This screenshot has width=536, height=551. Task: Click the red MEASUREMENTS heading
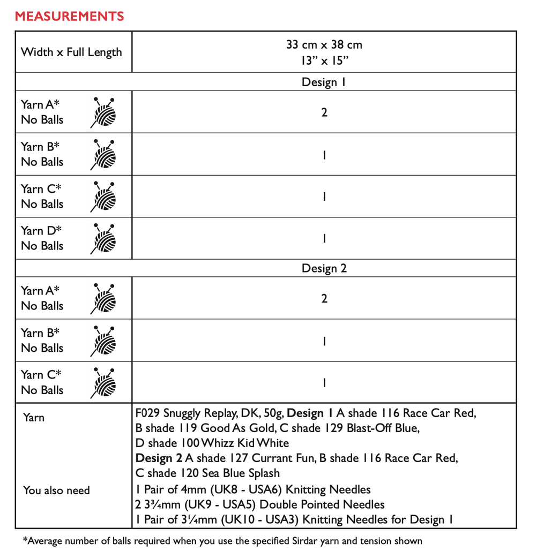pos(69,16)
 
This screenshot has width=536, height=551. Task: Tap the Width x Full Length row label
pos(71,52)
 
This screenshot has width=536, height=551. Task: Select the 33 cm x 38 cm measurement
pos(324,45)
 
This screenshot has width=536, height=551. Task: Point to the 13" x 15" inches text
pos(324,61)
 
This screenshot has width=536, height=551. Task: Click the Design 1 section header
pos(324,82)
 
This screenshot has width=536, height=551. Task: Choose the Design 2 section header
pos(324,268)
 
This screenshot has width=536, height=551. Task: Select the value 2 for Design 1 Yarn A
pos(324,112)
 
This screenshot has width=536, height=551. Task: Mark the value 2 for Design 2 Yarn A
pos(324,299)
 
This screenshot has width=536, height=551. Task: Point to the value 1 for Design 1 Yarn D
pos(324,239)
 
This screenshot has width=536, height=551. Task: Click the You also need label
pos(56,490)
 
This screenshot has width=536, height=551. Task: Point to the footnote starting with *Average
pos(222,541)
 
